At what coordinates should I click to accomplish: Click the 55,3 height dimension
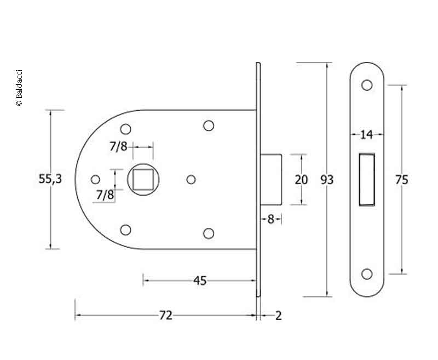point(50,179)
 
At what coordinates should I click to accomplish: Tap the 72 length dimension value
point(166,316)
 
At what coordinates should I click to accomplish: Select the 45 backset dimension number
point(200,281)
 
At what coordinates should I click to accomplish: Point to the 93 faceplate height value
point(327,180)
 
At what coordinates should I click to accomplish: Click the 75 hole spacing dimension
point(402,180)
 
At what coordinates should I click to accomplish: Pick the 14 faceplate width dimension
point(366,135)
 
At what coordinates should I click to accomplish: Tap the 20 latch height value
point(302,180)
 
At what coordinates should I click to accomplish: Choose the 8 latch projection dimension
point(270,219)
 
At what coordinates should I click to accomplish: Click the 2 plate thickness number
point(278,316)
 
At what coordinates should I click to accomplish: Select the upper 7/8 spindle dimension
point(118,146)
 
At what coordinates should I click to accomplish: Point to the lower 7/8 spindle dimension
point(105,195)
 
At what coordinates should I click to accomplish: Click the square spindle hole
point(143,179)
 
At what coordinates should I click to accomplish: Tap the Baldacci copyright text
point(19,88)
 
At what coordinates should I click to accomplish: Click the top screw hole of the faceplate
point(367,85)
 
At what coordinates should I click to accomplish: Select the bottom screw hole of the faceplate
point(367,274)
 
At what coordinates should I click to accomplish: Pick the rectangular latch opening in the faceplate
point(367,180)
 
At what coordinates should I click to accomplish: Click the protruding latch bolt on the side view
point(271,179)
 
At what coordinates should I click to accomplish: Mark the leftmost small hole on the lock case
point(95,179)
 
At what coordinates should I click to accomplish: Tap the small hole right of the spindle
point(191,179)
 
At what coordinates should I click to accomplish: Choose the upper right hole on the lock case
point(209,125)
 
